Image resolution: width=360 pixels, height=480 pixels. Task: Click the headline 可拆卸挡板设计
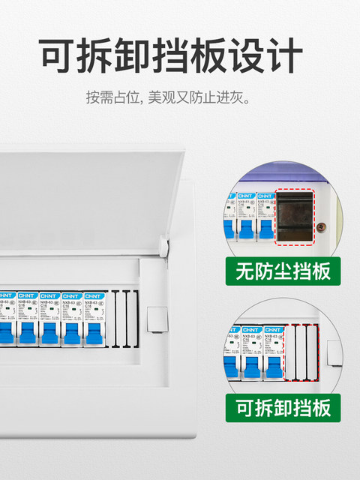tap(171, 55)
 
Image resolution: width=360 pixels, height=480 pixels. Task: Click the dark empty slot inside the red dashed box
tap(294, 218)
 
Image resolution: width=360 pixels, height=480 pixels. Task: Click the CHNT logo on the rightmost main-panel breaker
tap(94, 295)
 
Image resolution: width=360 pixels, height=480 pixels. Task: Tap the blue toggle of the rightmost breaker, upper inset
tap(265, 230)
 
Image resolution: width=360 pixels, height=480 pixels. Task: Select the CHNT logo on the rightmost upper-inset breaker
tap(265, 196)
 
